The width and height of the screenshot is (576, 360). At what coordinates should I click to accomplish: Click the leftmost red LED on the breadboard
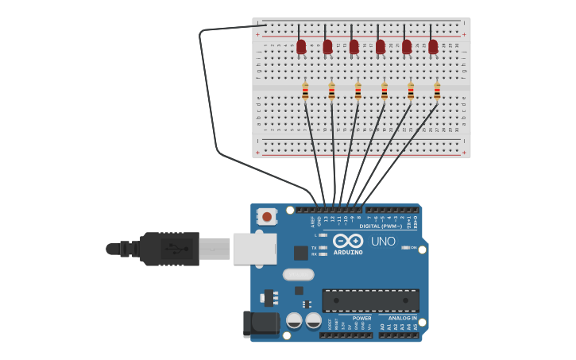301,47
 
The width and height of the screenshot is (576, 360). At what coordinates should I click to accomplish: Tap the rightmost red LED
433,47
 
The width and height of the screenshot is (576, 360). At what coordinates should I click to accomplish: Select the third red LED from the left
354,47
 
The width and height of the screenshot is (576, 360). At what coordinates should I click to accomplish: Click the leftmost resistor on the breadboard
305,91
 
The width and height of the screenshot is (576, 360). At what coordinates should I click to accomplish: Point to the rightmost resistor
437,91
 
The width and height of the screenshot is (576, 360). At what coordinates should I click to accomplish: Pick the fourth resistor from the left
385,91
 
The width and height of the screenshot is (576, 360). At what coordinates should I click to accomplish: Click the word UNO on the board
383,242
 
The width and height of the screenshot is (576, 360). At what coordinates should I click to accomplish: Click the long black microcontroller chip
370,300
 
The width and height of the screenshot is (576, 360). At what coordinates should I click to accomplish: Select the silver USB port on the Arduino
254,249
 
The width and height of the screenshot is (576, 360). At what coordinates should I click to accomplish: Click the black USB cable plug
169,249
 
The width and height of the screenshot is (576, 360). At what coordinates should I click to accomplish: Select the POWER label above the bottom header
361,318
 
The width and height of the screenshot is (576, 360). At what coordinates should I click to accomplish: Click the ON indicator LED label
413,248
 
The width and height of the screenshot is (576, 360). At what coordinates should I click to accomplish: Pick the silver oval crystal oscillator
298,275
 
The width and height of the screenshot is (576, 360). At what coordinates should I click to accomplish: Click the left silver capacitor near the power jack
294,320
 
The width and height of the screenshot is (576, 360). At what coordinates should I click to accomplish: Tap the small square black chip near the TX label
300,253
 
